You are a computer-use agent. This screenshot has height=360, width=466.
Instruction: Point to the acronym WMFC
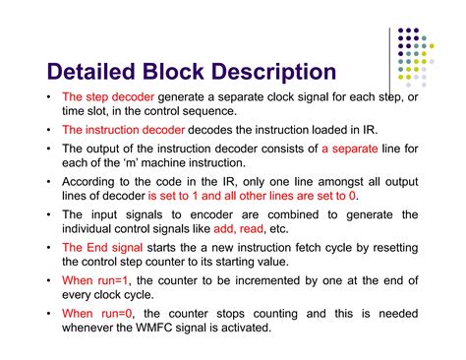(214, 330)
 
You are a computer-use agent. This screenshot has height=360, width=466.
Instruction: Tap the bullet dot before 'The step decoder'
(49, 98)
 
